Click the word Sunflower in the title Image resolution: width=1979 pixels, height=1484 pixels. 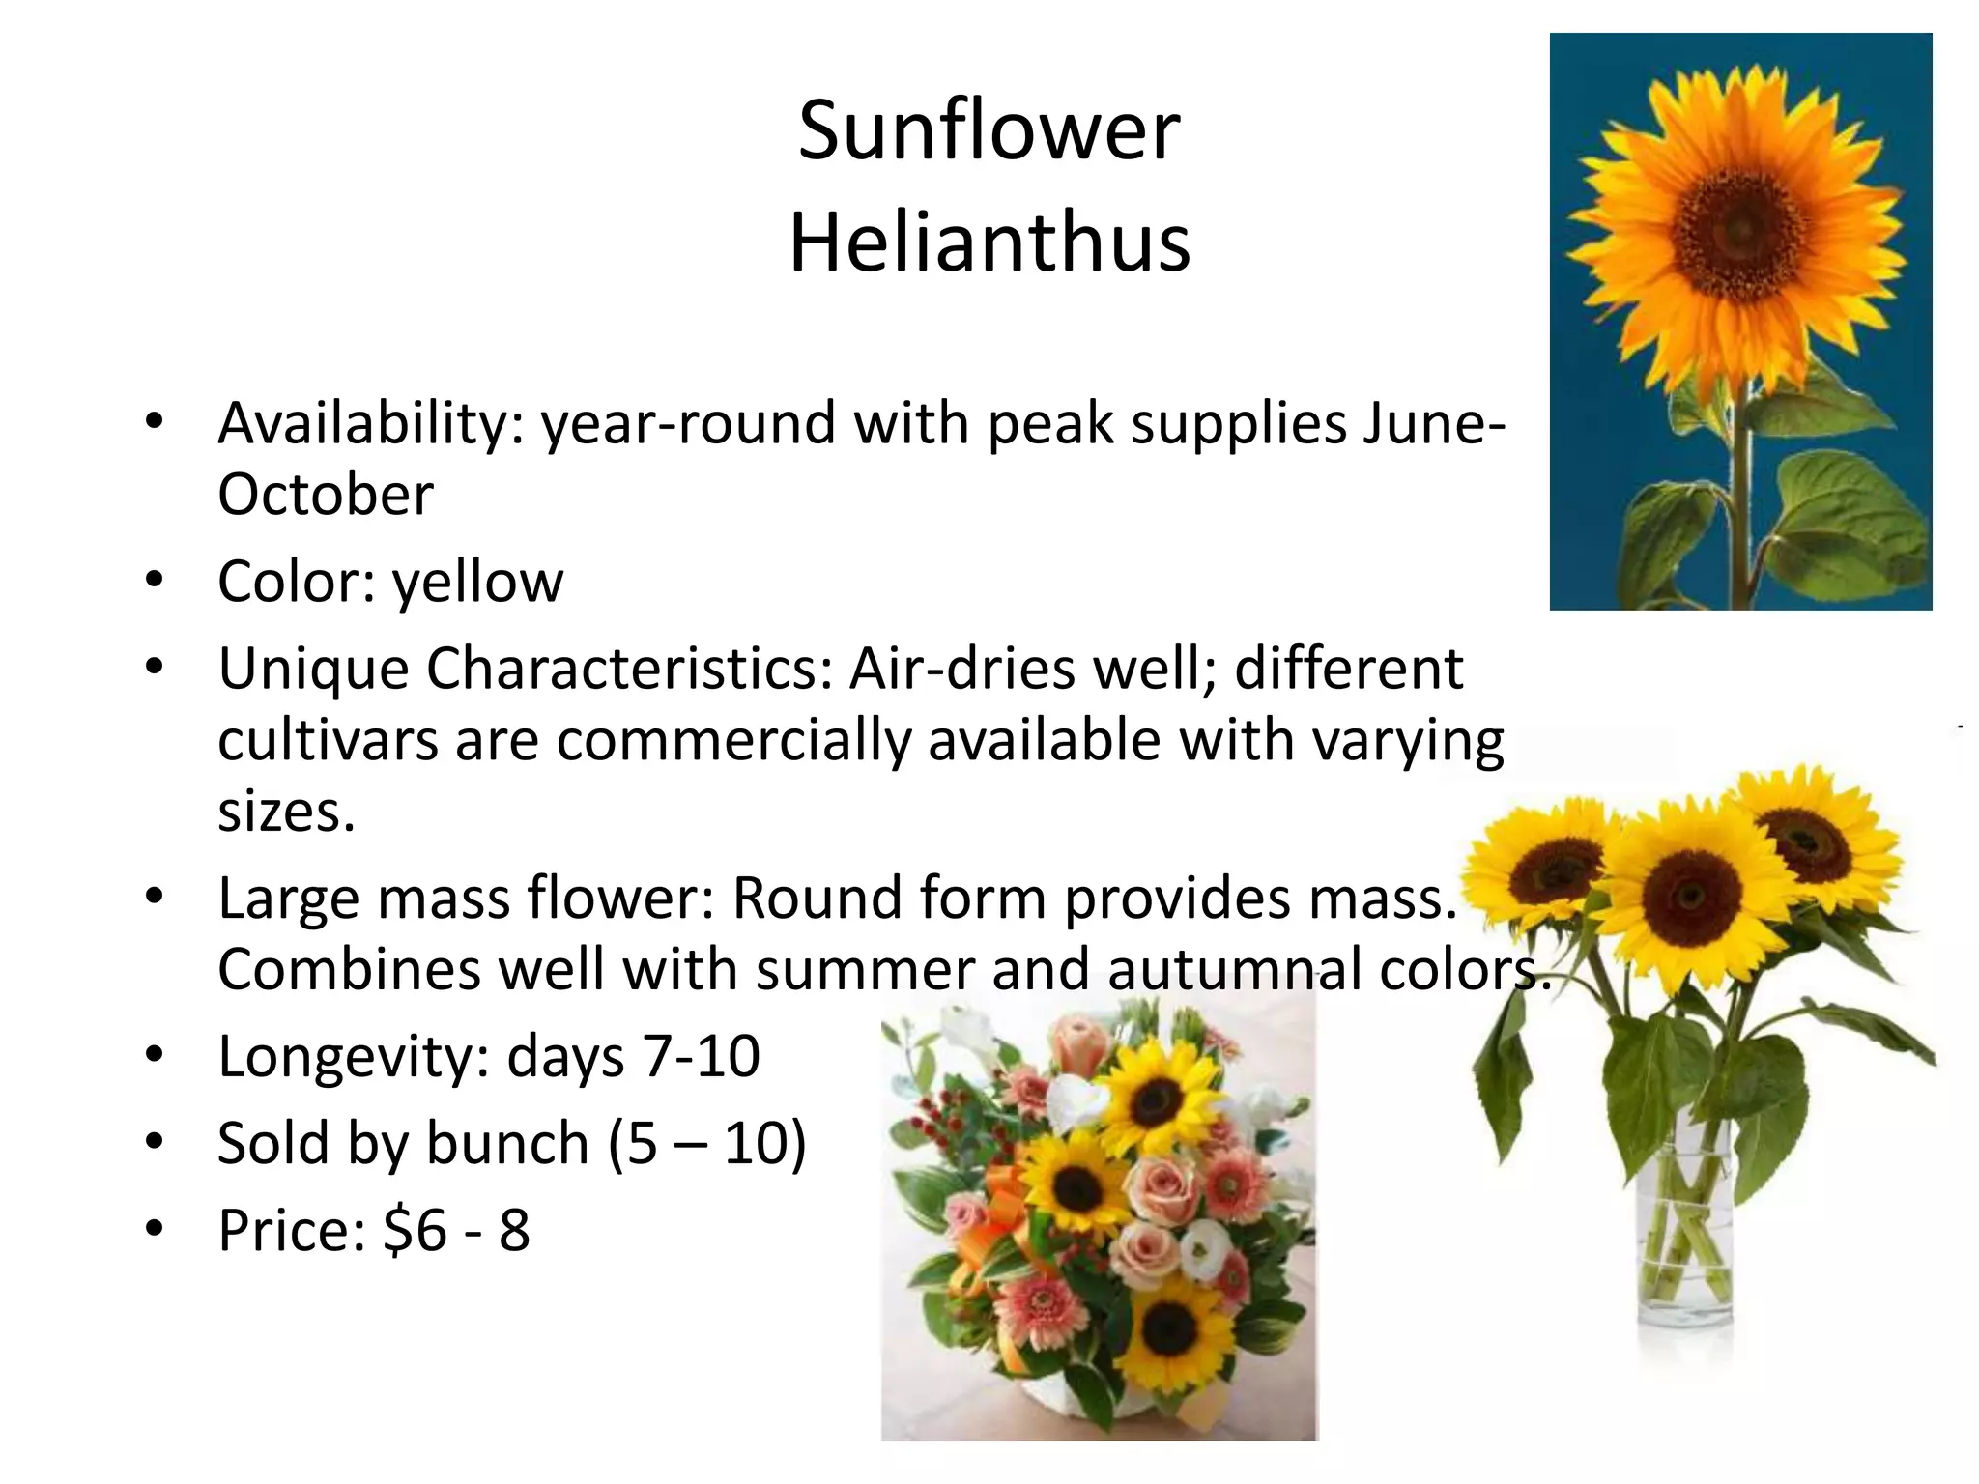[989, 130]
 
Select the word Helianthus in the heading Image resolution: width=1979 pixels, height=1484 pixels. [989, 243]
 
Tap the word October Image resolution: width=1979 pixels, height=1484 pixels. [325, 495]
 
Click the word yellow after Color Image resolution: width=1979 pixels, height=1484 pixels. [477, 583]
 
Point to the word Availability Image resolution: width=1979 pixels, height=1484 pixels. [370, 425]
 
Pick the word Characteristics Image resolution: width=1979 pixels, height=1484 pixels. [629, 669]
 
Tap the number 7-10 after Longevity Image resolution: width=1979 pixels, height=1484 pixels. [702, 1056]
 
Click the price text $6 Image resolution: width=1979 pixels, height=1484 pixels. [416, 1231]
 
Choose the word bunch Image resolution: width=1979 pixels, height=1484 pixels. [507, 1144]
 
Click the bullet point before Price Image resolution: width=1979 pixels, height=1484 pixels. [154, 1230]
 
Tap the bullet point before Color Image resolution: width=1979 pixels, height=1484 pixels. [154, 582]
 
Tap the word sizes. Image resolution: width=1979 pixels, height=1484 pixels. [286, 812]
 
